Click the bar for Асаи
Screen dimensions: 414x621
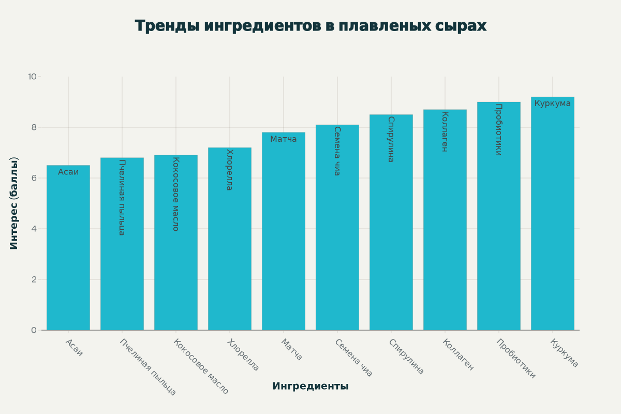(68, 248)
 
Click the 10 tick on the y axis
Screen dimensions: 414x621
(32, 77)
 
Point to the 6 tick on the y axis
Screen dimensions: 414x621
(34, 178)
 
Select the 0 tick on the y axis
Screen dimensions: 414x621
(34, 330)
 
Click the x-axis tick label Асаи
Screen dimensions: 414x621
(75, 348)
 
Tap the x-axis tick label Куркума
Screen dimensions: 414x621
(564, 353)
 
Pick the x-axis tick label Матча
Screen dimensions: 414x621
(292, 350)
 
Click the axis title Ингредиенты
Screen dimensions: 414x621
(310, 386)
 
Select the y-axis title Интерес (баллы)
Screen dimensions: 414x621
(14, 203)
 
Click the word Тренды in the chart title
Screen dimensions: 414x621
(167, 26)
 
